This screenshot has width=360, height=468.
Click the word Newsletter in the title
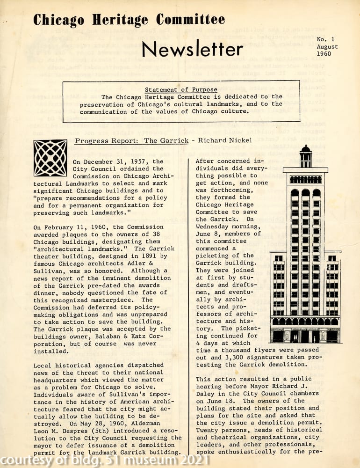click(x=192, y=49)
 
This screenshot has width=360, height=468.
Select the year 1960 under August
click(x=324, y=54)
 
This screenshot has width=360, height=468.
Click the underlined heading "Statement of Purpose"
click(x=181, y=90)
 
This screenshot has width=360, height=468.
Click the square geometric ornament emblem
click(x=50, y=158)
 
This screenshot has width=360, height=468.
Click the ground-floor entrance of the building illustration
click(x=305, y=336)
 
